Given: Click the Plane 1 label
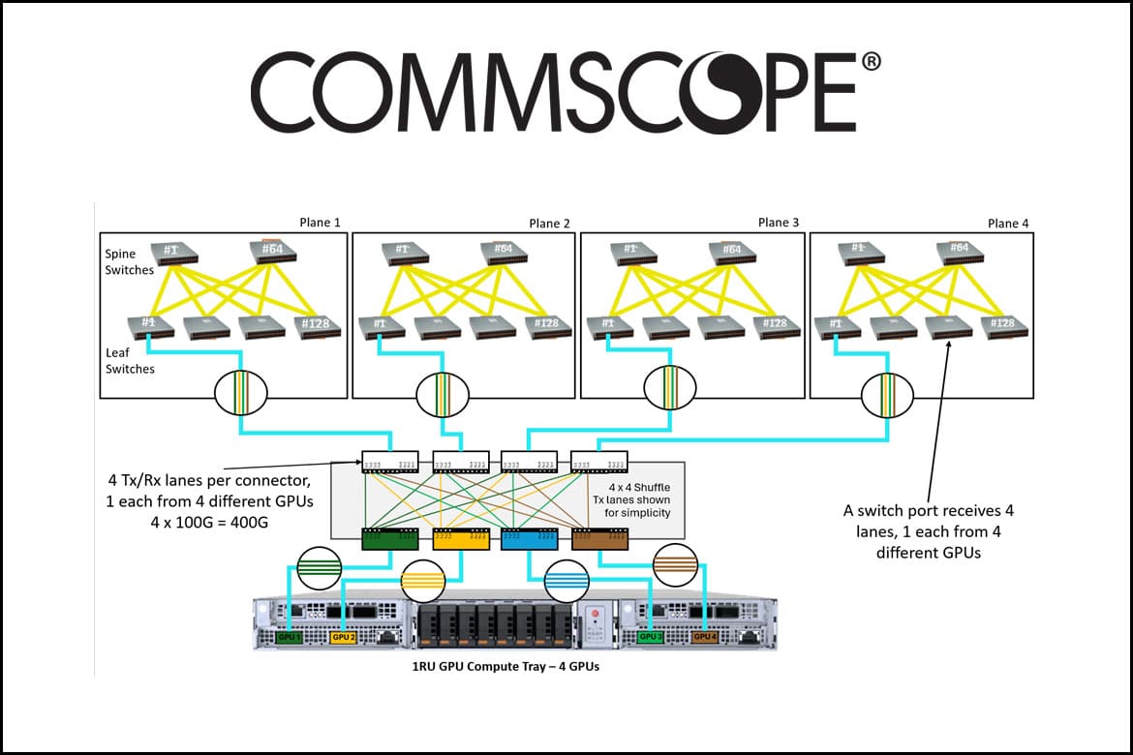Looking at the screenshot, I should (321, 222).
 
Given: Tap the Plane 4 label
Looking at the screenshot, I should (1008, 223).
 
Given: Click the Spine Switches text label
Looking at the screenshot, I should (130, 261).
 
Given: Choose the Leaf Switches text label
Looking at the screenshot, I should (130, 360).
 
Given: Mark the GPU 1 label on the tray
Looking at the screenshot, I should (290, 638).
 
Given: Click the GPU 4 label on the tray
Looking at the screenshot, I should (705, 638).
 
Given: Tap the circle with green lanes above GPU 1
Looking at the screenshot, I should (319, 569).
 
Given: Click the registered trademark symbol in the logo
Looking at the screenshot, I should (871, 62).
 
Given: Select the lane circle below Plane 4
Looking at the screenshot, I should (887, 395).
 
